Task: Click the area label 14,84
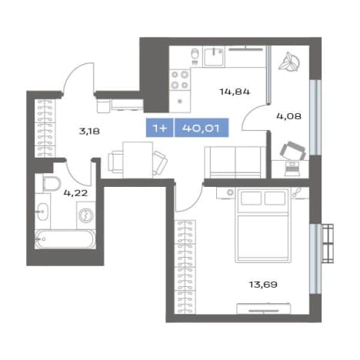coord(235,92)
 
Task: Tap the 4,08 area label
coord(288,116)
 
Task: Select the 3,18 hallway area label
coord(89,132)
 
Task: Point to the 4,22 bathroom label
coord(75,193)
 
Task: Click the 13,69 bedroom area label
coord(263,285)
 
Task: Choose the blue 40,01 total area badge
coord(202,128)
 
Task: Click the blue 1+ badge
coord(160,128)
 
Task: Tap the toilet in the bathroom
coord(52,184)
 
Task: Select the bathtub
coord(65,239)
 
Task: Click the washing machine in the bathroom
coord(86,215)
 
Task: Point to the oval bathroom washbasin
coord(42,212)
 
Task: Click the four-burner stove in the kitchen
coord(180,80)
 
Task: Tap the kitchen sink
coord(214,57)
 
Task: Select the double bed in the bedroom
coord(263,225)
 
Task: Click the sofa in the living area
coord(235,162)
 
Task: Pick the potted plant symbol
coord(289,62)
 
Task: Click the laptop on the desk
coord(292,168)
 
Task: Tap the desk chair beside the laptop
coord(293,151)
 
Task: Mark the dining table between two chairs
coord(138,160)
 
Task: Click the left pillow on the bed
coord(251,198)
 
